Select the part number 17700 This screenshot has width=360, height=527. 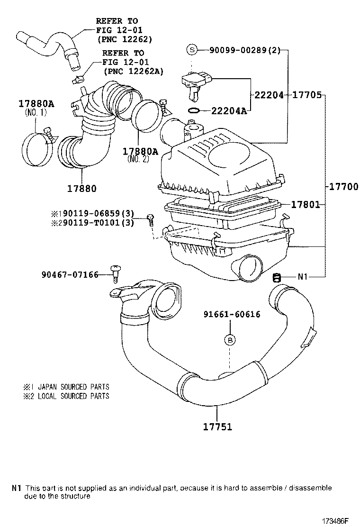click(x=344, y=186)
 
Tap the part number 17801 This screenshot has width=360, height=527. click(x=305, y=204)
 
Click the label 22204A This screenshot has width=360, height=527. click(x=229, y=111)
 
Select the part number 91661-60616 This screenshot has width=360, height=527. click(x=232, y=314)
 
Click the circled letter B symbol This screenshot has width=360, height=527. click(x=230, y=340)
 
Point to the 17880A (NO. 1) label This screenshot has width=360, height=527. click(x=36, y=107)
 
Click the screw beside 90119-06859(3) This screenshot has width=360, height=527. click(x=150, y=219)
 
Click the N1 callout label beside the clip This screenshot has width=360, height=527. click(x=303, y=277)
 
